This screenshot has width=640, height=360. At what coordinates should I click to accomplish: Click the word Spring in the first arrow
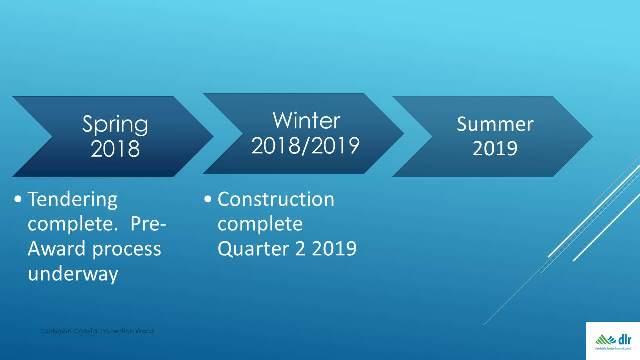coord(116,126)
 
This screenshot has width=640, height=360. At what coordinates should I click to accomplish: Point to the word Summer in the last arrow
coord(495,124)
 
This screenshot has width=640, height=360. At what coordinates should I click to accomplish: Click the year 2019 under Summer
coord(495,150)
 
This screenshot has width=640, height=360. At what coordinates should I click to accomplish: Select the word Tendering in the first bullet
coord(73,200)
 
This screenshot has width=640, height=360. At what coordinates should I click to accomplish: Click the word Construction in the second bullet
coord(276,199)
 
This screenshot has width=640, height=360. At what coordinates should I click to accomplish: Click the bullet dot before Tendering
coord(20,200)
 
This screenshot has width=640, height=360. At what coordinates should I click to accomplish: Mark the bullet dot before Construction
coord(207,199)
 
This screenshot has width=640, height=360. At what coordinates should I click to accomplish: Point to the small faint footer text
coord(97,331)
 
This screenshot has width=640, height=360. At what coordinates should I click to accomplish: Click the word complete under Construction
coord(259,223)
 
